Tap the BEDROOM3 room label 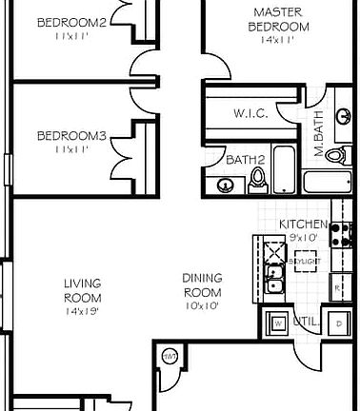70,136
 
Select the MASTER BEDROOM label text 278,19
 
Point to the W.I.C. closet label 250,113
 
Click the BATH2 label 244,159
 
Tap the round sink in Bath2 224,186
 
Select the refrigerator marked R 337,285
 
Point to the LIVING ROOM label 83,289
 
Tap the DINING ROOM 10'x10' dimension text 201,306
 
